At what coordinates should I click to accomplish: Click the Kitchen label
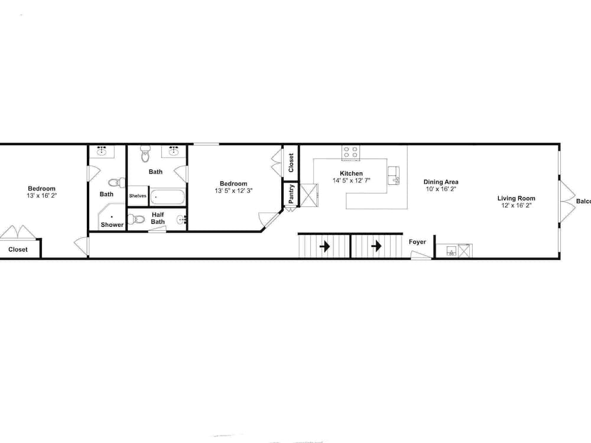point(352,174)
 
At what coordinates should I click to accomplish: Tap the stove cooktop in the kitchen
point(350,152)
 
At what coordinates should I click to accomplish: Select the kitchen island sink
point(394,175)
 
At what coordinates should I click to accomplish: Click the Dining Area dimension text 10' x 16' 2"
point(441,190)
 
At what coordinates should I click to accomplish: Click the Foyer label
point(417,242)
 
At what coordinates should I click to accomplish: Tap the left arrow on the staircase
point(324,246)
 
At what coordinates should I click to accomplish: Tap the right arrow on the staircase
point(376,246)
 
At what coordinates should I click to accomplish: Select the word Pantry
point(291,194)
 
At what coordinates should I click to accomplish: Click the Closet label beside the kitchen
point(291,162)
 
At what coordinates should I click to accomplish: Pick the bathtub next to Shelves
point(168,197)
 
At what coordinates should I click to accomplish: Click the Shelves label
point(138,196)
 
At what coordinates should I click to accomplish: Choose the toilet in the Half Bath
point(138,220)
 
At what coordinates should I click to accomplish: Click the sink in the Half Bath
point(181,221)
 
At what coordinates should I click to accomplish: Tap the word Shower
point(112,225)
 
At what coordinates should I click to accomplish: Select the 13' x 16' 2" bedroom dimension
point(41,196)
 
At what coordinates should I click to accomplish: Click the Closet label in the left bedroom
point(18,250)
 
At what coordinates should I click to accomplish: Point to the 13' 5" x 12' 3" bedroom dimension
point(233,191)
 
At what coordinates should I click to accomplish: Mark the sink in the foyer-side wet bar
point(452,252)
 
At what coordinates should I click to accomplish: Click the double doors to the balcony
point(566,201)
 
